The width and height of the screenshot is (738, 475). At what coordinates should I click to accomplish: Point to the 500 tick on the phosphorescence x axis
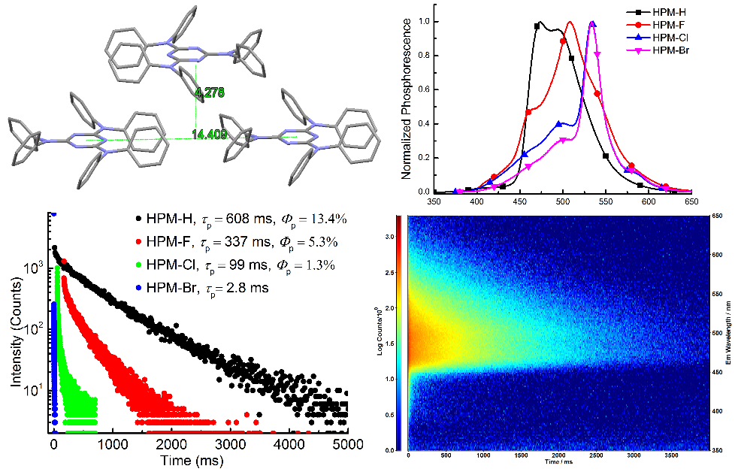pos(562,201)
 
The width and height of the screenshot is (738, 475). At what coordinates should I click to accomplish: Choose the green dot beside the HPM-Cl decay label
pos(138,265)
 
